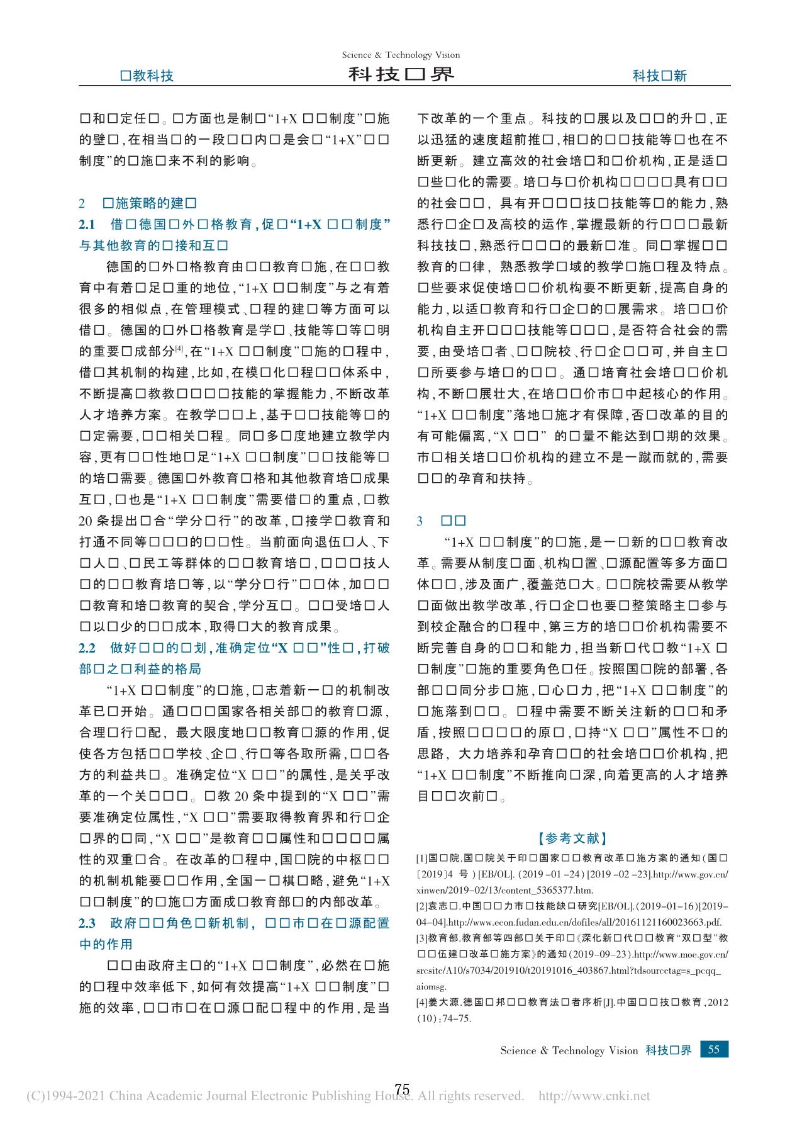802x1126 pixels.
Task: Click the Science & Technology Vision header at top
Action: (401, 55)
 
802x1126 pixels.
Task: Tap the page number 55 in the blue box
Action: (714, 1049)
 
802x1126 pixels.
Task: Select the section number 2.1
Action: (87, 225)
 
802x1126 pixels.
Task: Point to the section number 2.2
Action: (87, 648)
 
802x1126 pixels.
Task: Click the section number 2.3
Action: (87, 923)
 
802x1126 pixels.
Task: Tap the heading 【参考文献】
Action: (572, 838)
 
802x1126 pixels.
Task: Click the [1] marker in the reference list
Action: (421, 858)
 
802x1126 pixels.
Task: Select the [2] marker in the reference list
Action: (421, 906)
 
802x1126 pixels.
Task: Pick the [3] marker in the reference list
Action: (421, 938)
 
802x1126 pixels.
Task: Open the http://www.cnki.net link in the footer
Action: (594, 1096)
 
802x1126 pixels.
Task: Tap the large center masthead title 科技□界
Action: (401, 75)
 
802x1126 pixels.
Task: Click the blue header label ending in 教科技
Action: (147, 76)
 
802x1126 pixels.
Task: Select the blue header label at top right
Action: (659, 76)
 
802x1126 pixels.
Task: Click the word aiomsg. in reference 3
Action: (431, 986)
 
